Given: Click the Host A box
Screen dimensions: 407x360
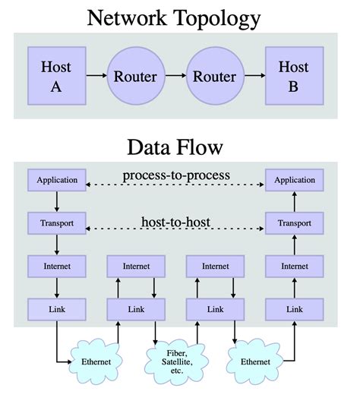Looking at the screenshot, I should click(x=55, y=77).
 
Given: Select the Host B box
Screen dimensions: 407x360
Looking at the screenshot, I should click(x=293, y=77).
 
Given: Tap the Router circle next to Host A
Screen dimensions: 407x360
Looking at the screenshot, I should click(x=134, y=77).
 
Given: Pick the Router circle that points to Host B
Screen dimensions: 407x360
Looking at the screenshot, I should click(x=214, y=77).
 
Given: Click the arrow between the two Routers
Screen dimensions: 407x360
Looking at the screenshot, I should click(x=175, y=77).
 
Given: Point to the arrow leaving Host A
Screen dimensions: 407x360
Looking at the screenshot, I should click(x=95, y=77).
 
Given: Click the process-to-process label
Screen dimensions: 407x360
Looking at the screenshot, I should click(x=176, y=175).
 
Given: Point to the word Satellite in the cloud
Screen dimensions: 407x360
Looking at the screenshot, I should click(x=176, y=361).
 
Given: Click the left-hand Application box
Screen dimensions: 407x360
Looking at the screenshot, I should click(x=56, y=181).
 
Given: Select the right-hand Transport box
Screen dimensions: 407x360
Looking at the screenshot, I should click(x=295, y=224).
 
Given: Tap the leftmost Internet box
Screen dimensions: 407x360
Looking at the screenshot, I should click(x=56, y=267).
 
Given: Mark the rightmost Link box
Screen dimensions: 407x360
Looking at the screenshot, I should click(x=295, y=309).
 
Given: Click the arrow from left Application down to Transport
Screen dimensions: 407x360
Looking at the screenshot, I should click(x=56, y=202).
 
